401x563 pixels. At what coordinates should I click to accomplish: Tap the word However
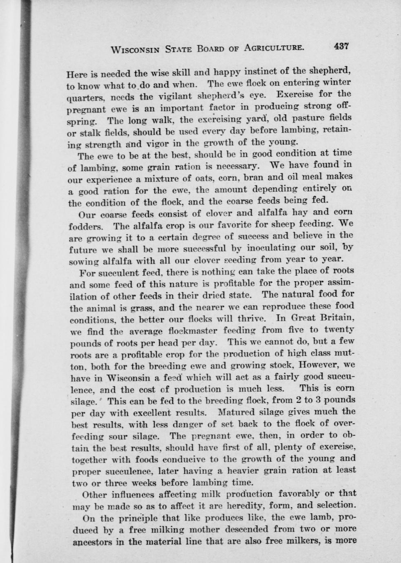pos(310,364)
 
